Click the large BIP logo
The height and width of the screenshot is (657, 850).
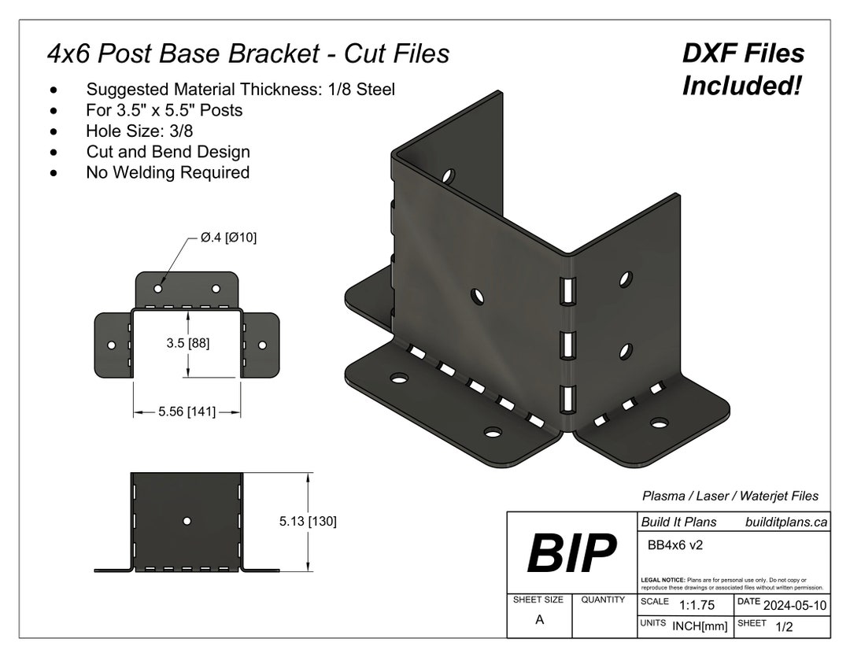571,553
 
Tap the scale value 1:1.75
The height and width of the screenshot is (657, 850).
697,605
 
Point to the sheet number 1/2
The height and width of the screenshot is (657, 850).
784,627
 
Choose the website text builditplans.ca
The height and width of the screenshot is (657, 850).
786,522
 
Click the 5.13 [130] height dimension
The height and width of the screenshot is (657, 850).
308,521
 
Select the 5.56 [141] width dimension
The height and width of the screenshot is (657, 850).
187,412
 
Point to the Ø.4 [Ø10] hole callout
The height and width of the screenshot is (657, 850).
228,238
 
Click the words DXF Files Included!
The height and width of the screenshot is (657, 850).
742,69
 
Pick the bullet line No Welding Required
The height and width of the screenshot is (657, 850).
168,172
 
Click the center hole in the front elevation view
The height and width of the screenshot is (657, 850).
187,521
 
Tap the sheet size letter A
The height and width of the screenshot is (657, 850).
539,620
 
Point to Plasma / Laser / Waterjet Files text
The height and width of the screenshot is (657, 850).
730,496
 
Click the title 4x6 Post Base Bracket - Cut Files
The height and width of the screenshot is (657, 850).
249,54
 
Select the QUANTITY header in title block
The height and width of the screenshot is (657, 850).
603,600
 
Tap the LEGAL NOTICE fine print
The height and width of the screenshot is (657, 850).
732,583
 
